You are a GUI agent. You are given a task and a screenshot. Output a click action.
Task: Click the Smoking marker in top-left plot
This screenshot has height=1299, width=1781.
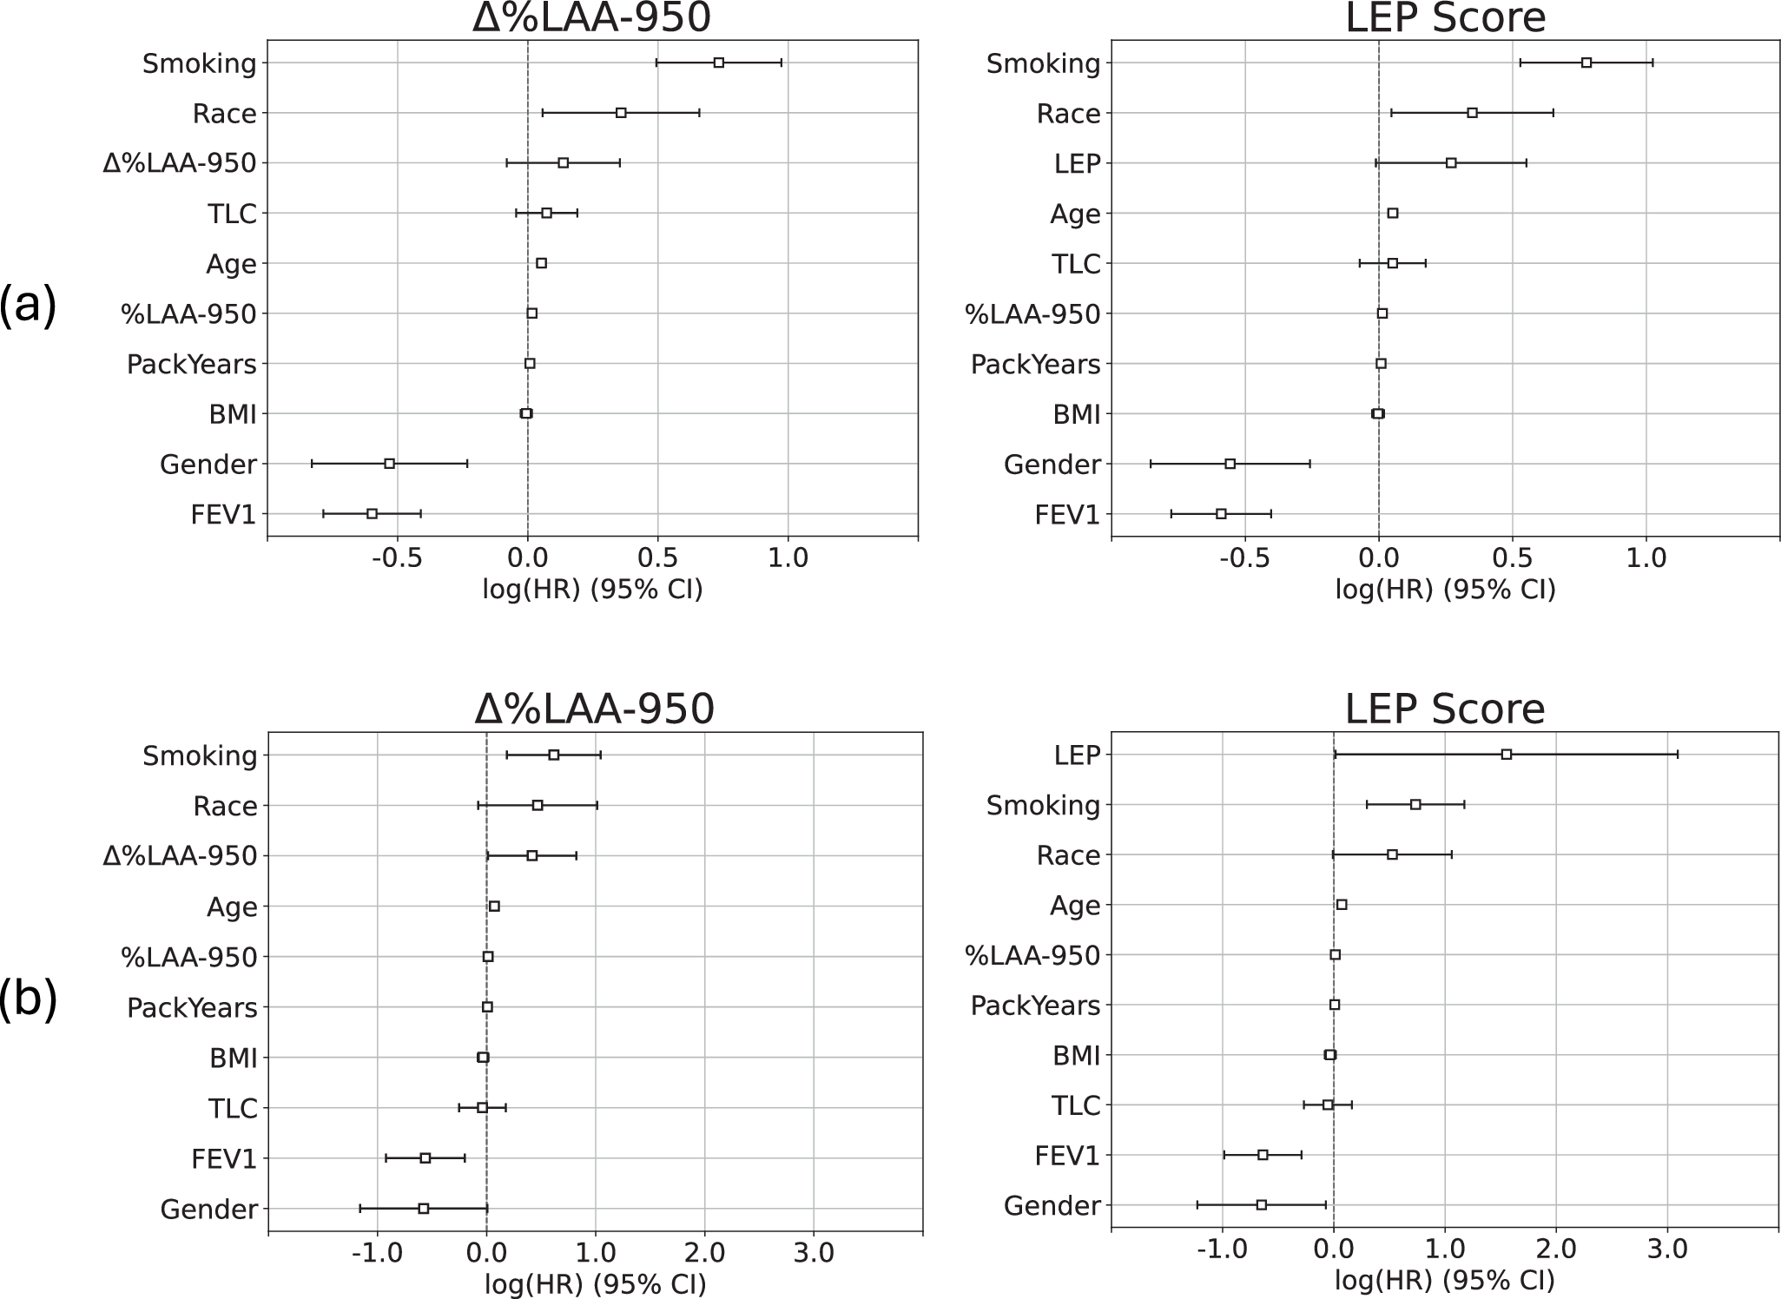719,63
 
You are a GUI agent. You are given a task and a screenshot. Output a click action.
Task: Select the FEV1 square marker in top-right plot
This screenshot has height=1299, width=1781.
1221,514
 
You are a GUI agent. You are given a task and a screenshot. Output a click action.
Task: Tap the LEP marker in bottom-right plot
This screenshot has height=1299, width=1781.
1507,754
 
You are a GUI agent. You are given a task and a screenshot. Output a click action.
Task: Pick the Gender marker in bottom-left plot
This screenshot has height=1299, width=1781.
424,1209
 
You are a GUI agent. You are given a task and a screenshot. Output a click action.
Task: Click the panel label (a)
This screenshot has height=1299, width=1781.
28,306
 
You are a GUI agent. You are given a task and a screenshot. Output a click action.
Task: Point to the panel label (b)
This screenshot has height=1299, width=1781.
28,999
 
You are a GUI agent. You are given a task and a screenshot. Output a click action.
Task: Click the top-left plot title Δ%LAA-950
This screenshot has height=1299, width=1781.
592,19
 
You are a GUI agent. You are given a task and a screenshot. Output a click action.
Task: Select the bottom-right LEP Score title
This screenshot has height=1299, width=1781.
1445,709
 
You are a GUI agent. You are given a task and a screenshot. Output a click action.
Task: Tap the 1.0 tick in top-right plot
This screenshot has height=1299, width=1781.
1646,558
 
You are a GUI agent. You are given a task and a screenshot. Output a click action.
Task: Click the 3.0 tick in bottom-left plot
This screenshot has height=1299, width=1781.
814,1253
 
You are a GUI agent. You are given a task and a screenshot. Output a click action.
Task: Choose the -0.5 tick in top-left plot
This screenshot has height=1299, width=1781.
397,558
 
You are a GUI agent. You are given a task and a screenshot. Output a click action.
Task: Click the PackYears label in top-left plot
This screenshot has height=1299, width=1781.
192,364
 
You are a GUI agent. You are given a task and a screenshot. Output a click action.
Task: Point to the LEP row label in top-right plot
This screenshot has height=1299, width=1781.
1078,163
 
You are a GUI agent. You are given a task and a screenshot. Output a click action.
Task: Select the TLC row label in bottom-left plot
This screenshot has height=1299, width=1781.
233,1109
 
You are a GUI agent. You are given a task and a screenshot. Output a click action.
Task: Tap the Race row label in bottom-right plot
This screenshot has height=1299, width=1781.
1069,856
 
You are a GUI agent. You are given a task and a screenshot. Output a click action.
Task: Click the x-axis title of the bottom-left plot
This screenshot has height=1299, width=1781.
595,1284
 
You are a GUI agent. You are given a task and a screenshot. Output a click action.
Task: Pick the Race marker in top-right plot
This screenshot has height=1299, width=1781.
1473,113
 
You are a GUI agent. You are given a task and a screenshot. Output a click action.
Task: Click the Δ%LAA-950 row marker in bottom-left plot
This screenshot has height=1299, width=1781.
532,855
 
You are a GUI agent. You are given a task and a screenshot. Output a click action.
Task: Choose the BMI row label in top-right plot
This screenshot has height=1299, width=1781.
1077,414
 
